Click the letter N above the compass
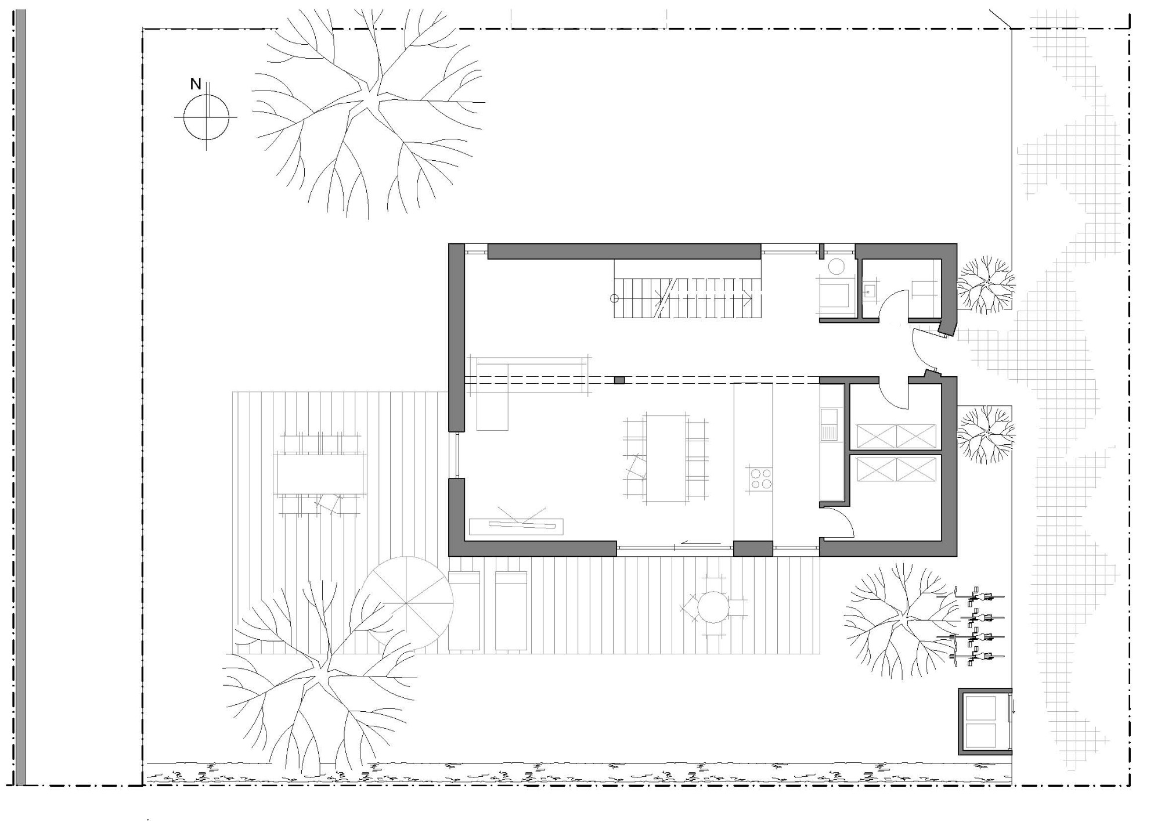pos(196,84)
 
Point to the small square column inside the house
pos(619,380)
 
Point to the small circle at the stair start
pos(614,298)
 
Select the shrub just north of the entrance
pos(986,284)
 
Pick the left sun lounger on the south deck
pos(464,611)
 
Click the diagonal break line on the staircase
pos(665,298)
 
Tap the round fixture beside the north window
pos(837,267)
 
